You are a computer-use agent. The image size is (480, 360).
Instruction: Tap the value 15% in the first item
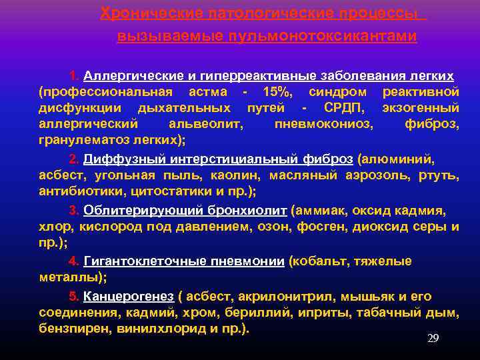coord(277,91)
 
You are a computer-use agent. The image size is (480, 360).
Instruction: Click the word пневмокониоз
coord(324,124)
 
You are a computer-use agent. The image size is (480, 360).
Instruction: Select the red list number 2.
coord(74,159)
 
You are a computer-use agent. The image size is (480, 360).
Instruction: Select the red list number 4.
coord(74,261)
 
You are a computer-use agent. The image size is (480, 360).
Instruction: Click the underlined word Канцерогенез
coord(129,296)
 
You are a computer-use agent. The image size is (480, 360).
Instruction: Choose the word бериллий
coord(241,312)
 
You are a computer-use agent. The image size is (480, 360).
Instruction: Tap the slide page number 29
coord(433,338)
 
